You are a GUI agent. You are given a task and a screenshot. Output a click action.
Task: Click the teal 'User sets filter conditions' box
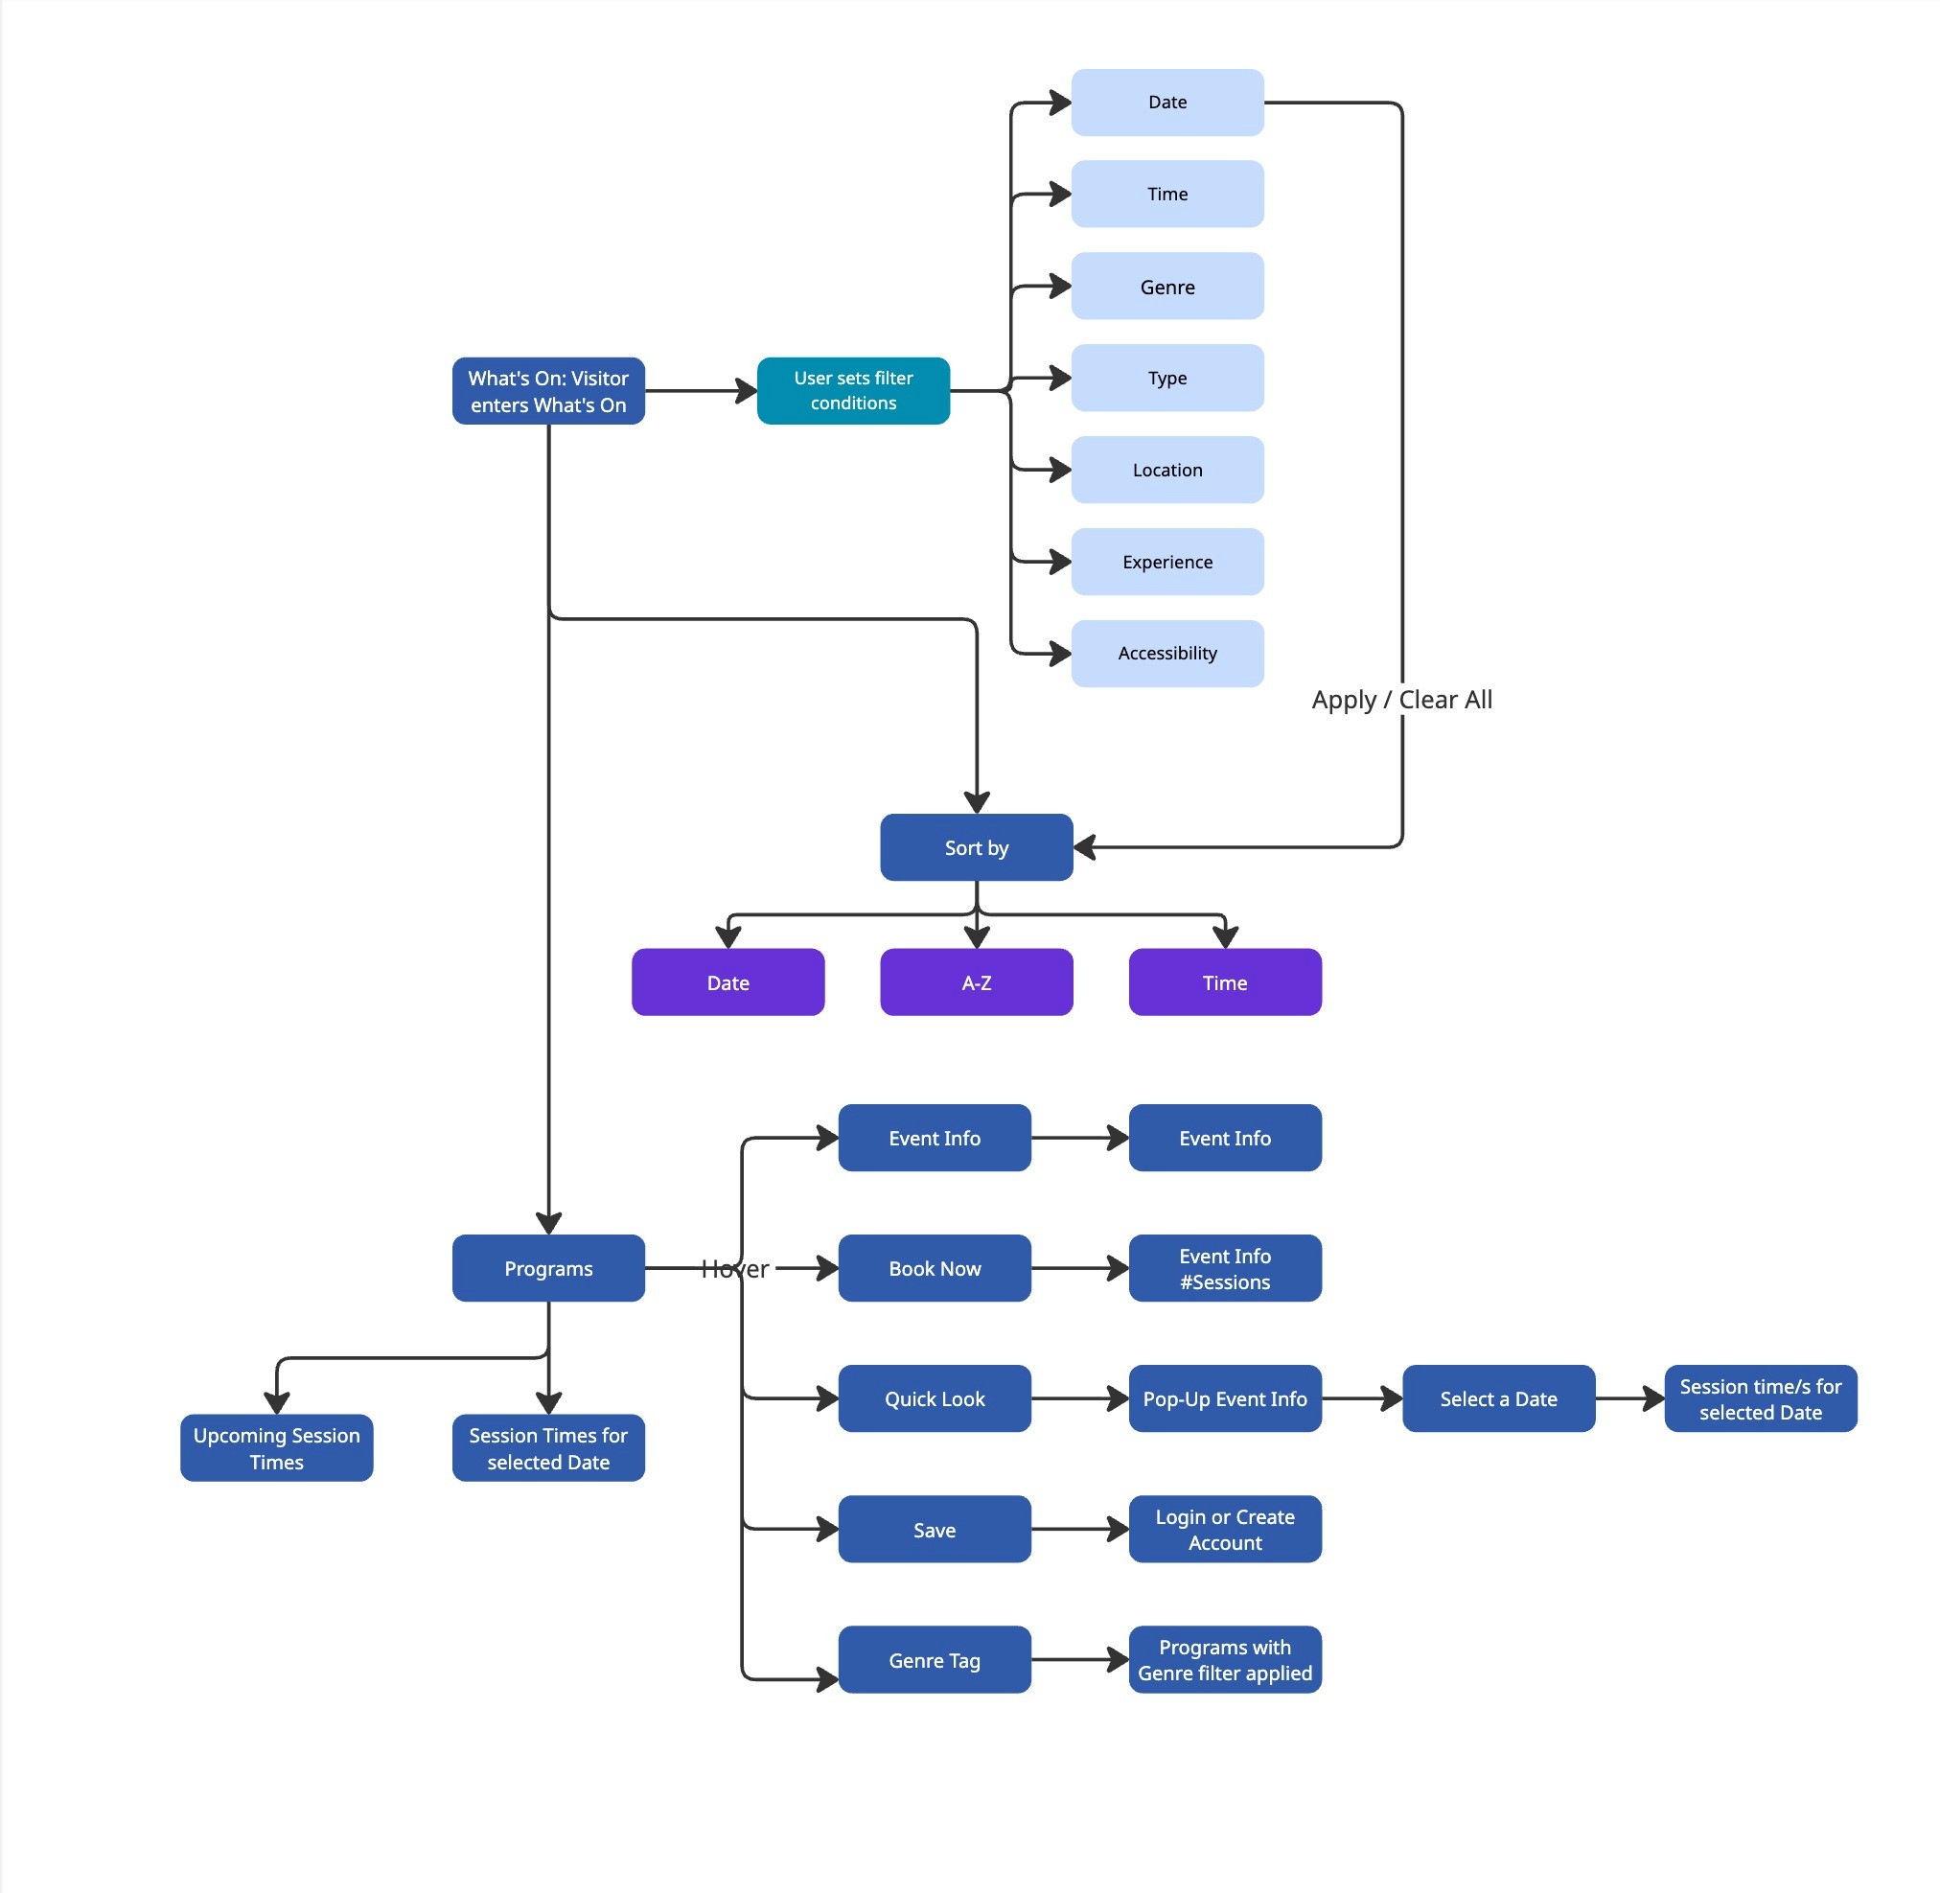click(x=853, y=391)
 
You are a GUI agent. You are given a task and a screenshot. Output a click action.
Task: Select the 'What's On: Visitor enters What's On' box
click(x=548, y=391)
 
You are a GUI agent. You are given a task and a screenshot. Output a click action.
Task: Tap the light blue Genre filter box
click(x=1167, y=287)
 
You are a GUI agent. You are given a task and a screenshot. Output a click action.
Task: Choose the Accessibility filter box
click(x=1167, y=653)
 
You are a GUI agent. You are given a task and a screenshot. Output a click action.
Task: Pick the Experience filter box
click(x=1167, y=562)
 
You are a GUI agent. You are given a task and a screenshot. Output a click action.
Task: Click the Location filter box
click(x=1167, y=470)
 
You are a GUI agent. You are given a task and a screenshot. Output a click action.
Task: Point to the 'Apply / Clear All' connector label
click(x=1401, y=700)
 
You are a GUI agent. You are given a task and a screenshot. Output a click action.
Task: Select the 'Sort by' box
click(x=977, y=847)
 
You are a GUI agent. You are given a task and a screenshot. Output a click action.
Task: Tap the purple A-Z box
click(x=977, y=982)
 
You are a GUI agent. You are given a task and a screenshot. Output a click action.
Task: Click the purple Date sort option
click(x=727, y=982)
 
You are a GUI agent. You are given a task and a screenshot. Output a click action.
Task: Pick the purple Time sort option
click(x=1225, y=982)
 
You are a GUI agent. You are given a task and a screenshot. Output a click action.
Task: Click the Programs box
click(x=548, y=1268)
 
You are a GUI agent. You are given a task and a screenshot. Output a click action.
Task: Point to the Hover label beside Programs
click(x=735, y=1269)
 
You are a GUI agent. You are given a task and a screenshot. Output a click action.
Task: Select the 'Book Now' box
click(x=935, y=1268)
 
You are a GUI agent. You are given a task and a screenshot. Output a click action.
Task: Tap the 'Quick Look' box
click(x=935, y=1397)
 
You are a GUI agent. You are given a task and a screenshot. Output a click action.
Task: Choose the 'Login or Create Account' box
click(x=1225, y=1529)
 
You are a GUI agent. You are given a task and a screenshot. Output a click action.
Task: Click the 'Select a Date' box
click(x=1498, y=1397)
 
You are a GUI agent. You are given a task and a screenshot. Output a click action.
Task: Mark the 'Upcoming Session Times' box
click(x=276, y=1447)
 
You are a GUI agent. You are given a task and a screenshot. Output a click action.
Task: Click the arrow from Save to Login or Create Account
click(x=1080, y=1529)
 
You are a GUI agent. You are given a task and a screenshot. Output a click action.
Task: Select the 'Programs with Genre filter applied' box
click(x=1225, y=1659)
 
